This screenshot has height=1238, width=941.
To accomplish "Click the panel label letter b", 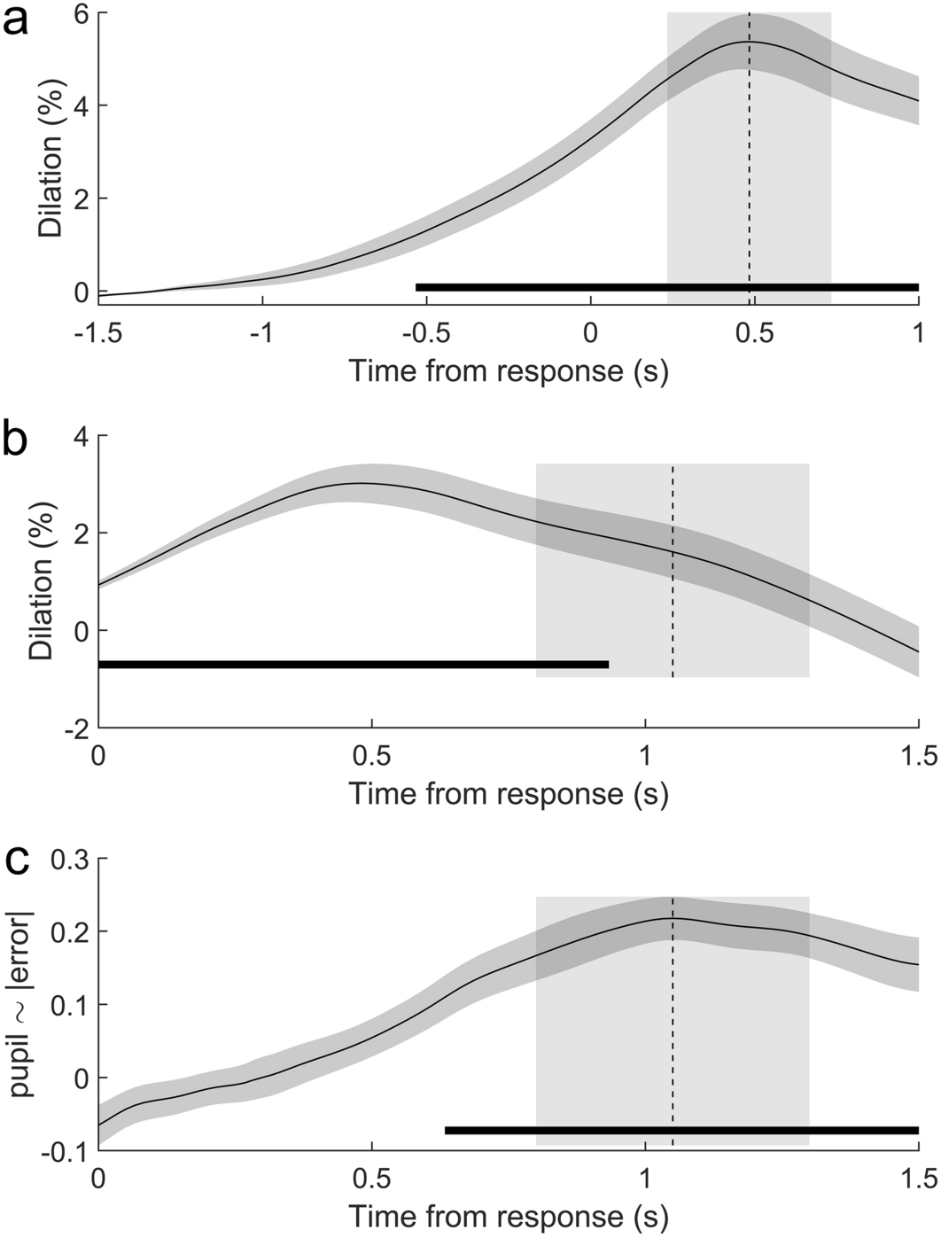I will tap(17, 441).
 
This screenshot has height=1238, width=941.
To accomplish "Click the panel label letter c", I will tap(17, 860).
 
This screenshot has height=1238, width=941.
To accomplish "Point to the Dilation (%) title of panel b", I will tap(42, 580).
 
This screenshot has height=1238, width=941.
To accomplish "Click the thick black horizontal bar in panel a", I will tap(666, 287).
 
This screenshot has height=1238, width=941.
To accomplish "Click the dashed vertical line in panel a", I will tap(750, 177).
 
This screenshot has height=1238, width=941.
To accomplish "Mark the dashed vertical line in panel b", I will tap(673, 603).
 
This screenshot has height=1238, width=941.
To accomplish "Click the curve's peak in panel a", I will tap(750, 42).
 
